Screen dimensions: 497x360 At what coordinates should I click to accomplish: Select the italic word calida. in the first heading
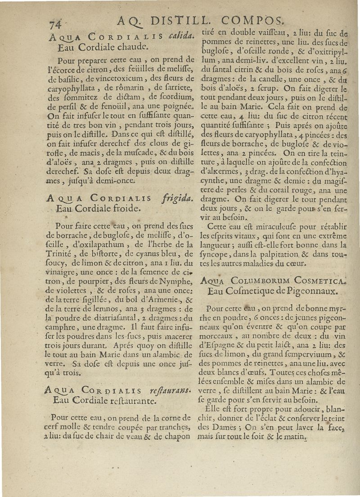182,36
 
